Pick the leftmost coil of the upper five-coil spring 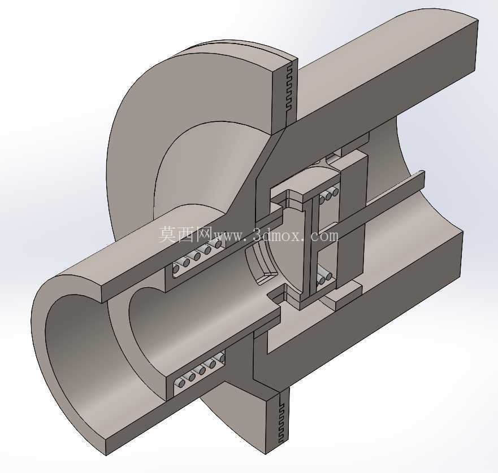tap(176, 268)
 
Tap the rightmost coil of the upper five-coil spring tap(218, 244)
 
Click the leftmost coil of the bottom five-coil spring tap(181, 383)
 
